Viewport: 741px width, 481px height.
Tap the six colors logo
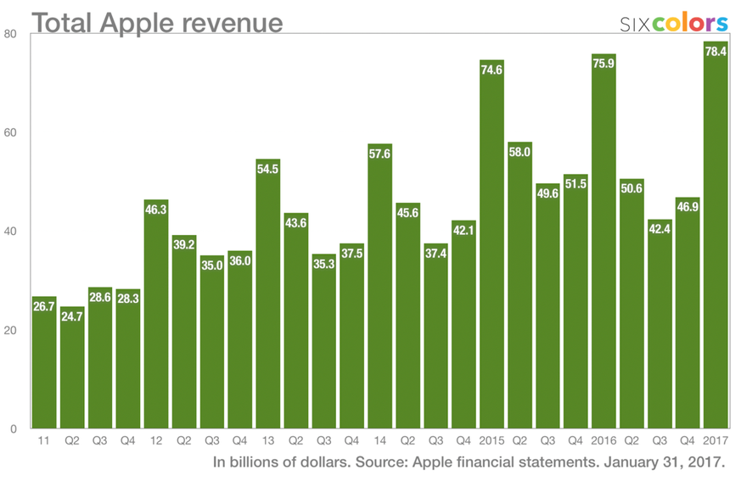(x=674, y=22)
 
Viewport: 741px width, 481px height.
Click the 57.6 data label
(x=380, y=154)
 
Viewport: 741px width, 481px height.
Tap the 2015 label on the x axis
(x=492, y=440)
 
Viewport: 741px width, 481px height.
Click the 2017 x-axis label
(x=716, y=440)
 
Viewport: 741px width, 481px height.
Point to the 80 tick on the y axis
(x=11, y=34)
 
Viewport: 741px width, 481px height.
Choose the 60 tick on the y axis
(x=11, y=133)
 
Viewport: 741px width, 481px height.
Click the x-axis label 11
(x=44, y=440)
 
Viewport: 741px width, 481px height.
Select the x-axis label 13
(x=268, y=440)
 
